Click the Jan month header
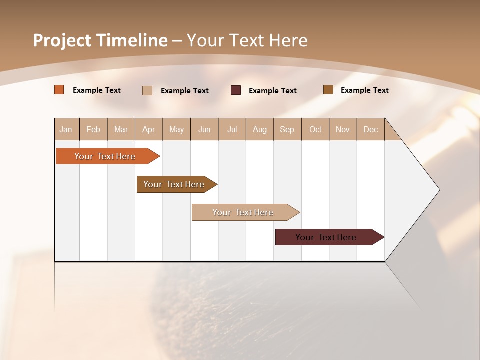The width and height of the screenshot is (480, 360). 66,129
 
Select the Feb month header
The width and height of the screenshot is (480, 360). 93,129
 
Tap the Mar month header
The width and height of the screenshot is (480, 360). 121,129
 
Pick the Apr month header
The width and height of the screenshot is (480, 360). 149,129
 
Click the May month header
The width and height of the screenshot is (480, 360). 176,129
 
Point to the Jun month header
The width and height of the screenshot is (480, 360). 204,129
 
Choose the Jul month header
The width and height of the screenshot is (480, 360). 232,129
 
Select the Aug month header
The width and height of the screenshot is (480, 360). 260,129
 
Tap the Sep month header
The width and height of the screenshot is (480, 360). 287,129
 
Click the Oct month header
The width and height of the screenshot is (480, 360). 315,129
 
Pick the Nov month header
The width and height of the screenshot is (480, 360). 343,129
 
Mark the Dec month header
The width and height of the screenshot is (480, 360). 371,129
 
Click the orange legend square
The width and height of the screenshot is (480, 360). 59,90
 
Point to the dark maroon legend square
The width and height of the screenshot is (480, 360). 236,90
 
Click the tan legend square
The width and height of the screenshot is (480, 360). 147,90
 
